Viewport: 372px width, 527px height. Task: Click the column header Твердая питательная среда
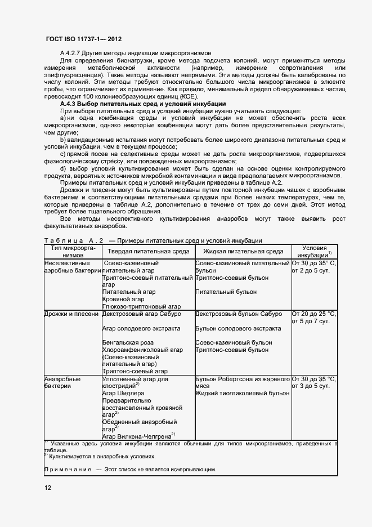(x=147, y=252)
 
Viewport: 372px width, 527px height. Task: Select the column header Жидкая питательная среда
(x=242, y=252)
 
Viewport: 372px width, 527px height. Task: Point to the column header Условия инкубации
(x=314, y=251)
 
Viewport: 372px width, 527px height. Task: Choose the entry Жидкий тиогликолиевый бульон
(x=242, y=394)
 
